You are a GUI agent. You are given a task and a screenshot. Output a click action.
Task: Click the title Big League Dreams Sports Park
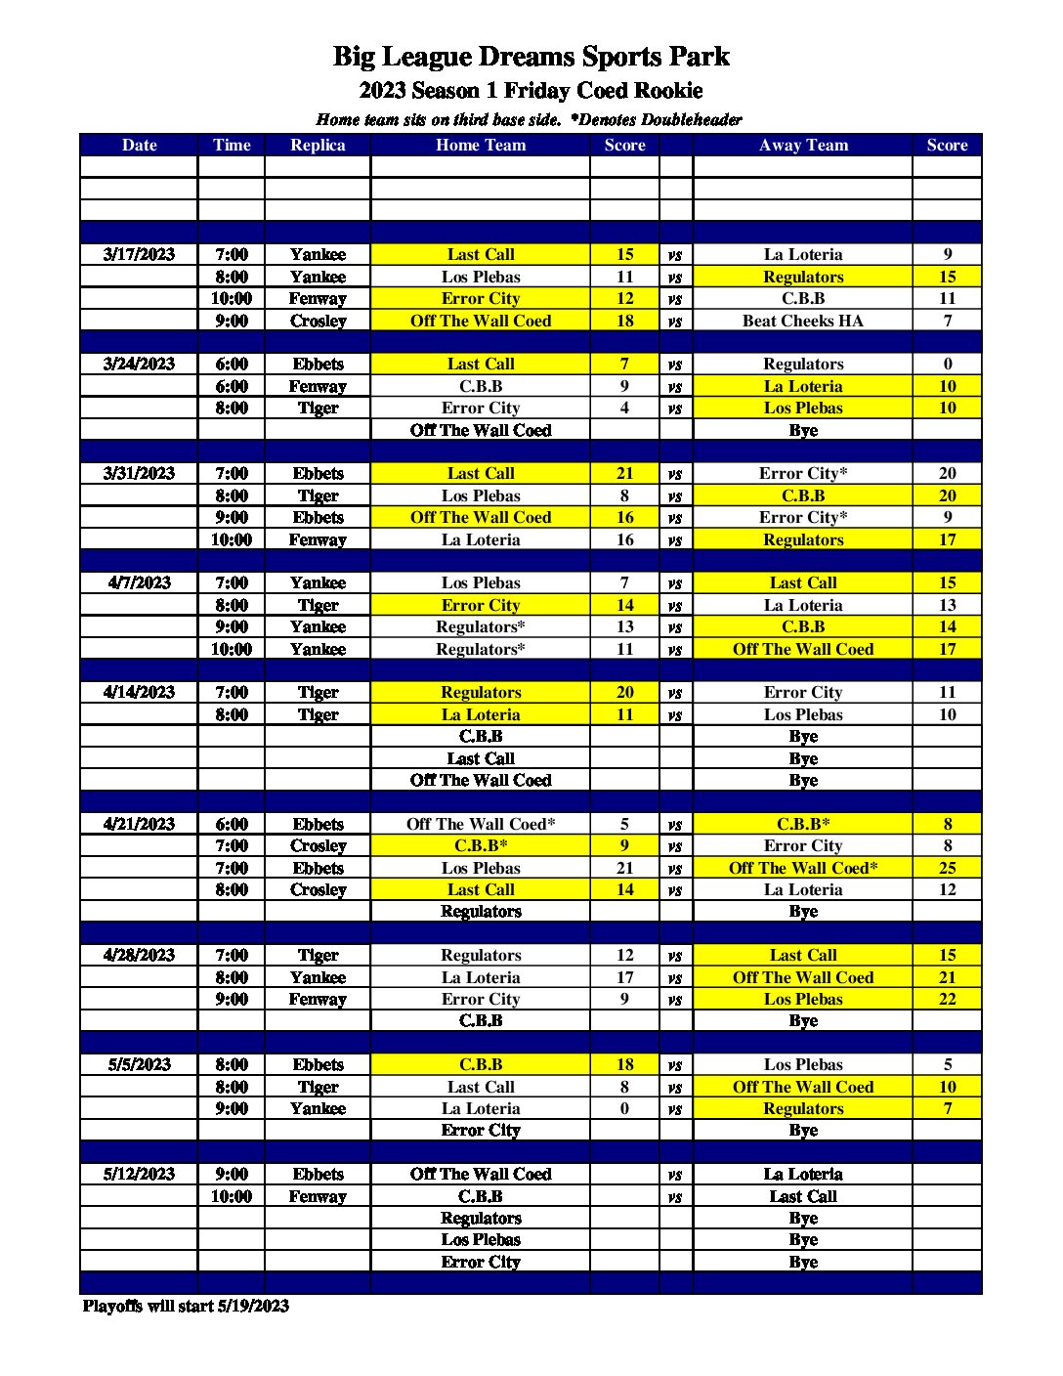531,57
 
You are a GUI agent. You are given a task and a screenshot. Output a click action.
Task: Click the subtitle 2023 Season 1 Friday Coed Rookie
531,91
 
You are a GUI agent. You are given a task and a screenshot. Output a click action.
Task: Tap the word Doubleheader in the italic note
691,120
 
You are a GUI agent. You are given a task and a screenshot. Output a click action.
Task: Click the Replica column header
318,145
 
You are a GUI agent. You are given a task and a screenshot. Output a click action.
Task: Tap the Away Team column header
803,145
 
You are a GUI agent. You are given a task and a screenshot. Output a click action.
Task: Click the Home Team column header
481,145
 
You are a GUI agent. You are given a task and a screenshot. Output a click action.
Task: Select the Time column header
232,145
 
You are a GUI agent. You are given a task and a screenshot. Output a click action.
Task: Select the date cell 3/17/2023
139,254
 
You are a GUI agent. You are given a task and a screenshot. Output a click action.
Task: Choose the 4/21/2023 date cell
139,824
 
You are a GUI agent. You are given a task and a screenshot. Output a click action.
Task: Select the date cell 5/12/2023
139,1174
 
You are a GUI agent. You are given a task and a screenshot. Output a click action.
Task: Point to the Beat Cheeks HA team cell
803,321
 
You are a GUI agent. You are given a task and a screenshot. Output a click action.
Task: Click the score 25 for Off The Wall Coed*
947,868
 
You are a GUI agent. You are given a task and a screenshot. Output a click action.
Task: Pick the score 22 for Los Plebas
947,999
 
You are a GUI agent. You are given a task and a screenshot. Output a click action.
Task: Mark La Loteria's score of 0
624,1108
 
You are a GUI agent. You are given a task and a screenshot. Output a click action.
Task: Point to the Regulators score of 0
947,364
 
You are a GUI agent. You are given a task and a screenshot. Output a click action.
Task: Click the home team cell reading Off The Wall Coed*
481,824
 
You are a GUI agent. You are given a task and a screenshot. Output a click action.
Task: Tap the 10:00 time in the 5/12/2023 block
232,1196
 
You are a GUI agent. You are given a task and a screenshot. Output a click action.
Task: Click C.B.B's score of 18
624,1064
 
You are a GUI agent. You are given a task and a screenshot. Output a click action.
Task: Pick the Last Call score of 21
624,473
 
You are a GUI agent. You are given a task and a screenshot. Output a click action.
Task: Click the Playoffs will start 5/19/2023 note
186,1306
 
